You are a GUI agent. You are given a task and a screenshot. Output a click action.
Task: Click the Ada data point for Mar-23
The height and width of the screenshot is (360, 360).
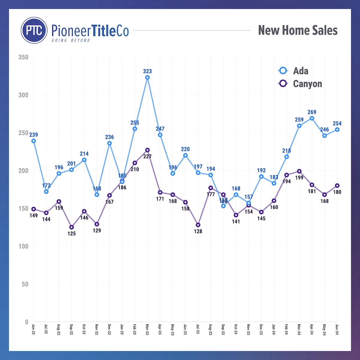147,77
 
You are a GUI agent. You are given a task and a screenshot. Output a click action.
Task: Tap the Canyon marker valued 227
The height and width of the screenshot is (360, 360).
147,150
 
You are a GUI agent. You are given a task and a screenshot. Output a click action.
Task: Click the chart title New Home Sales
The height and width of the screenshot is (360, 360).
298,30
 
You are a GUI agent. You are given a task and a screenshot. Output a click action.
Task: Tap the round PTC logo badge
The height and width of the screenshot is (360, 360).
34,30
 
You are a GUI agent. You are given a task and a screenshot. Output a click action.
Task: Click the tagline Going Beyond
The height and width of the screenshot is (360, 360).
71,40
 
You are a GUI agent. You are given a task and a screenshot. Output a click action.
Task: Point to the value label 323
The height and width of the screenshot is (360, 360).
147,71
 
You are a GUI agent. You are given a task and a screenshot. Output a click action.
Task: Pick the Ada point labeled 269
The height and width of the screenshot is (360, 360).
312,118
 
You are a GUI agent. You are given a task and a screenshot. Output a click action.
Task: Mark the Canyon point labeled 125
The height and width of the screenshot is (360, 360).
71,227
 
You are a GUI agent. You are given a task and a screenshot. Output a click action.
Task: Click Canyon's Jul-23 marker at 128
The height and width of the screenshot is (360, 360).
198,225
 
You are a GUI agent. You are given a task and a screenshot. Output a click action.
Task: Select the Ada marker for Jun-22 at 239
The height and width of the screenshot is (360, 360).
34,141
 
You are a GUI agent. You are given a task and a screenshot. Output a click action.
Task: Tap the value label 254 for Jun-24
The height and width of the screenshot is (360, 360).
337,124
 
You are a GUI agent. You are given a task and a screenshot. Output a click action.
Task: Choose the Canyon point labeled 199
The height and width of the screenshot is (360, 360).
299,171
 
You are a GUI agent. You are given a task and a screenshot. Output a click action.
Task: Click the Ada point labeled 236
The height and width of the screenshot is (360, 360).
109,143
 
